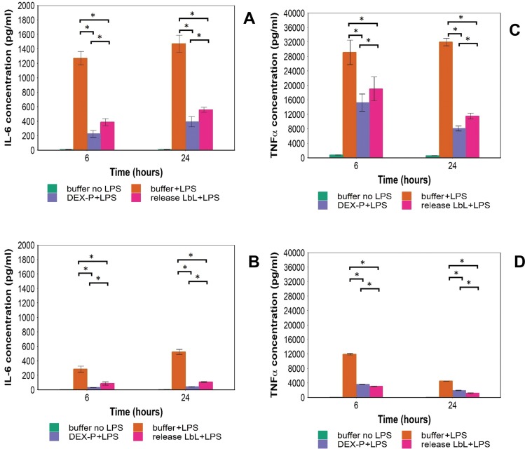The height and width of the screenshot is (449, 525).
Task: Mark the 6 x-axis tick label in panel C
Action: [x=357, y=166]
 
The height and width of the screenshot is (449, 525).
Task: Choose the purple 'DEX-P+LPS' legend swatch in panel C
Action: [x=323, y=205]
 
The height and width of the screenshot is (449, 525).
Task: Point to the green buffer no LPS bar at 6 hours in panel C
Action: [x=336, y=156]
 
